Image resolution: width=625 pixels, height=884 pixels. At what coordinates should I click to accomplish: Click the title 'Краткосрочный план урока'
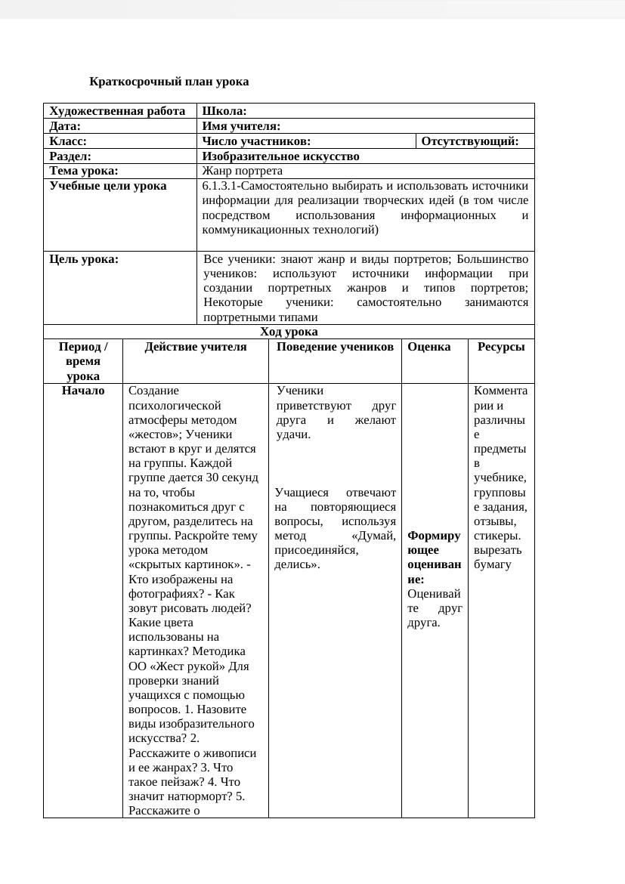point(169,82)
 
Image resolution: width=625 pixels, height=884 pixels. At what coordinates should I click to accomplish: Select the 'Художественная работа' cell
point(117,111)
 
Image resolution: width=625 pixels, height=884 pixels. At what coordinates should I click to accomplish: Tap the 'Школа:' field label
point(224,111)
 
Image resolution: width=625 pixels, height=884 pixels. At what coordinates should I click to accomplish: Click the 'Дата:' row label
point(65,126)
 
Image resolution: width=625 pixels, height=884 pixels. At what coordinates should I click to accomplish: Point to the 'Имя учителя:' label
point(241,126)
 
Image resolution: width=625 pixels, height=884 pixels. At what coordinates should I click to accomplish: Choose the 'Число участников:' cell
point(256,141)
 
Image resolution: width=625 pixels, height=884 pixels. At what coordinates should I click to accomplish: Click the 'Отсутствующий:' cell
point(469,141)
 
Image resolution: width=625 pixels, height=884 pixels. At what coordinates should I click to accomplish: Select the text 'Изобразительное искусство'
point(280,156)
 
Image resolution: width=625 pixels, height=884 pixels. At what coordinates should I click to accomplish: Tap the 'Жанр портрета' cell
point(243,171)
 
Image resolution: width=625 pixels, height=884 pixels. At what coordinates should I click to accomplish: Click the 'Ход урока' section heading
point(289,332)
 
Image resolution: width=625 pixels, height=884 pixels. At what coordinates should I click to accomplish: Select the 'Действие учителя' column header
point(196,347)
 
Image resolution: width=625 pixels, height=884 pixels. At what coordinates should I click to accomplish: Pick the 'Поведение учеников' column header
point(335,347)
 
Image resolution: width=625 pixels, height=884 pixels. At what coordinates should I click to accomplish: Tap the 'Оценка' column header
point(429,347)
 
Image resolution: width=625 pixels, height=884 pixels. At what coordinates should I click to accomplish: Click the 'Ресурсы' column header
point(501,347)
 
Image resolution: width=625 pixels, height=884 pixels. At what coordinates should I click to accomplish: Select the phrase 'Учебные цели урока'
point(108,186)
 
